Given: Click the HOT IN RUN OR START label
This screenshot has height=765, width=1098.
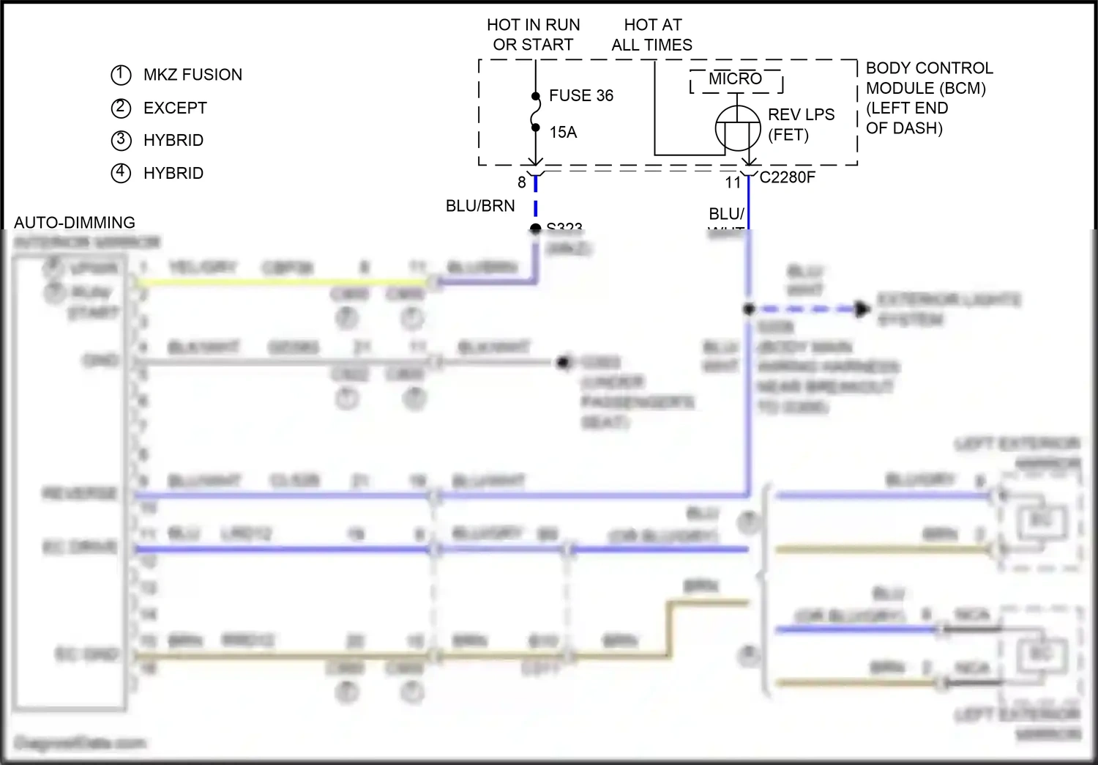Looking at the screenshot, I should pos(533,34).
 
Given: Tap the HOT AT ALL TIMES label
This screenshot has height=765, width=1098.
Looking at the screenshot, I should pos(651,34).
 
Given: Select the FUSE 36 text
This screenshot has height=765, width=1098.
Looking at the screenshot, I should pos(581,95).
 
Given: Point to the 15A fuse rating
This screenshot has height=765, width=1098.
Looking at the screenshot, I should pos(563,132).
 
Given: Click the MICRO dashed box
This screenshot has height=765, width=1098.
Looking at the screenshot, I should pos(736,81).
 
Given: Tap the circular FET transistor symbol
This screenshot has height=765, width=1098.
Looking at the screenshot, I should pos(737,128).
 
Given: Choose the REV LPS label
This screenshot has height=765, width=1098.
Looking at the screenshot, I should pos(801,115).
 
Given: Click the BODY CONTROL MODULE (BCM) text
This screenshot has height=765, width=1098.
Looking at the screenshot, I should pos(929,78).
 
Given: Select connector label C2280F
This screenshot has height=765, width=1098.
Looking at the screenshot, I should pos(788,177).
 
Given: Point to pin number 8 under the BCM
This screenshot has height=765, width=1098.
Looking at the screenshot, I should pos(522,182).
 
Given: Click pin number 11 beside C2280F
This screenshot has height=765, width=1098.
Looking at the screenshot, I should pos(733,182).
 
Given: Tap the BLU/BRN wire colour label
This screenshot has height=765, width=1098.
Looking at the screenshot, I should pos(480,206).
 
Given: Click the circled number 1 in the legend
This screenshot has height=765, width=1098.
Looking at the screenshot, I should pos(121,75).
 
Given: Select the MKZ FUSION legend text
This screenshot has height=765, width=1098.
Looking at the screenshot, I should pos(193,75).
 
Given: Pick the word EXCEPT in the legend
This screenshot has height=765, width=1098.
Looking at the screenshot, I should pos(175,108).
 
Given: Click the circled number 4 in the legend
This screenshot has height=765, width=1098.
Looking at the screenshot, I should pos(121,173).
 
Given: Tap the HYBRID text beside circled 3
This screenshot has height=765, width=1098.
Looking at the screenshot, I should pos(173,140).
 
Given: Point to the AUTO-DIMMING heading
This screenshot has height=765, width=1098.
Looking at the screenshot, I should pos(75,222).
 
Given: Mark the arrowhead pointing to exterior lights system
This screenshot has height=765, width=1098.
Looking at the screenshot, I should pos(863,309).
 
